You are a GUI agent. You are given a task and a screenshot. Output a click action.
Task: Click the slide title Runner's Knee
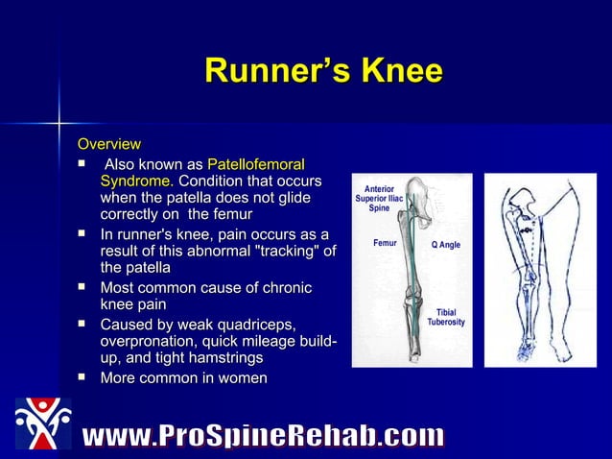click(323, 72)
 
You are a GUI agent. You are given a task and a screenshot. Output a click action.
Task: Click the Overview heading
click(108, 144)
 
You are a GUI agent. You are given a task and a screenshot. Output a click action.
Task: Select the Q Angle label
click(445, 245)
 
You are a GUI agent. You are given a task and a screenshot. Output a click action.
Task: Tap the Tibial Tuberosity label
click(446, 317)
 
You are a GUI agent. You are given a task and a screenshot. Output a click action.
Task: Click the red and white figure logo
click(42, 423)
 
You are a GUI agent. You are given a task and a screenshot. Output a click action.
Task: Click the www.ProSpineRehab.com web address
click(263, 437)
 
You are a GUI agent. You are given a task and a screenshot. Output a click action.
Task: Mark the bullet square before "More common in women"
click(83, 377)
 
